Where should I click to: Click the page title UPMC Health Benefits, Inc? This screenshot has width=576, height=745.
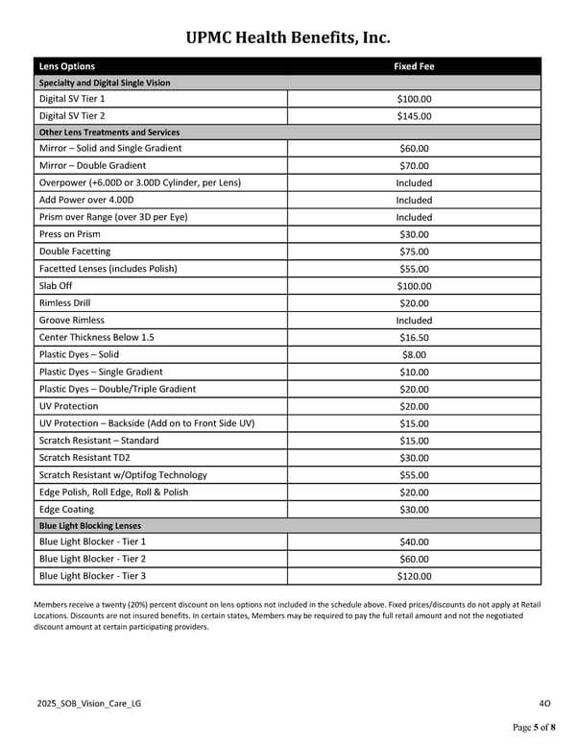coord(287,37)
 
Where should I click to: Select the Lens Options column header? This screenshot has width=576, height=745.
coord(66,66)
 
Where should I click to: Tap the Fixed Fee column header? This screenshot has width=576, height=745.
coord(414,66)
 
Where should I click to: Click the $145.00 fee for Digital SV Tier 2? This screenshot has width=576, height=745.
coord(414,116)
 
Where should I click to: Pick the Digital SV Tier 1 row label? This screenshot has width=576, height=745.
coord(72,99)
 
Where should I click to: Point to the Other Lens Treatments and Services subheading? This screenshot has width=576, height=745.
coord(108,132)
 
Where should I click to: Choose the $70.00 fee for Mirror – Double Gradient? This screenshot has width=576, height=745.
coord(414,165)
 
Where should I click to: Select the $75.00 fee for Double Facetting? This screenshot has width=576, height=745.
coord(414,252)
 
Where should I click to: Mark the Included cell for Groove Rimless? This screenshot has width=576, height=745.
coord(414,320)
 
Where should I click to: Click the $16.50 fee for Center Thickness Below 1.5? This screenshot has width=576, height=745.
coord(414,338)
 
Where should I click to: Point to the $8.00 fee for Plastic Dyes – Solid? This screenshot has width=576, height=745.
coord(414,354)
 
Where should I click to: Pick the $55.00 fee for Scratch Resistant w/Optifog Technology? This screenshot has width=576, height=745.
coord(414,475)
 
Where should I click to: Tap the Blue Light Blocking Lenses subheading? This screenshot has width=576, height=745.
coord(89,526)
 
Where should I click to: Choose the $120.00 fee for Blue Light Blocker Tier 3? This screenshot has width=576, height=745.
coord(414,577)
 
